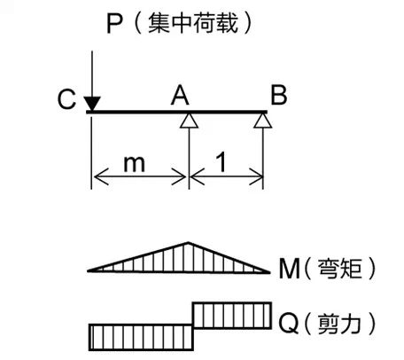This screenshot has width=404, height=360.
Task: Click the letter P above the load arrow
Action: click(x=113, y=24)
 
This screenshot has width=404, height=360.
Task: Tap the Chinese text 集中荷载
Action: click(x=193, y=23)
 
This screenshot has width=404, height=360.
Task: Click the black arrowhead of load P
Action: click(x=92, y=104)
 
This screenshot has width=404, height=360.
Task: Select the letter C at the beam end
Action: click(x=66, y=99)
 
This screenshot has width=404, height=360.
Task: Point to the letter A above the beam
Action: click(x=180, y=95)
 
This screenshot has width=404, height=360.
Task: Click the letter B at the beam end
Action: click(x=278, y=95)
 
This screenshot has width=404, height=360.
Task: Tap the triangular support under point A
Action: click(x=189, y=121)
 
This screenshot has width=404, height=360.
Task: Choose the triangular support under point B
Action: click(x=263, y=121)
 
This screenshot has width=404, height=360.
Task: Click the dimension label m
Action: click(x=135, y=163)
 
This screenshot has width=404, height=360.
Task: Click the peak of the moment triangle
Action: click(x=188, y=243)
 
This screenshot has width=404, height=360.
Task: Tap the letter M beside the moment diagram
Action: click(x=290, y=269)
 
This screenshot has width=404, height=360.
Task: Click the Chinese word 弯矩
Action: click(x=339, y=269)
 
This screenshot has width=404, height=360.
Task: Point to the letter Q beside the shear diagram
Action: click(x=289, y=323)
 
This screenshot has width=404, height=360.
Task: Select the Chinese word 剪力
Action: click(x=339, y=323)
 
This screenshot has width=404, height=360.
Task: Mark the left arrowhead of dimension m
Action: click(x=101, y=176)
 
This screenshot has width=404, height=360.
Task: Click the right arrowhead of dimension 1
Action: click(x=256, y=176)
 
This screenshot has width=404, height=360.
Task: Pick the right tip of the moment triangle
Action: click(x=270, y=272)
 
